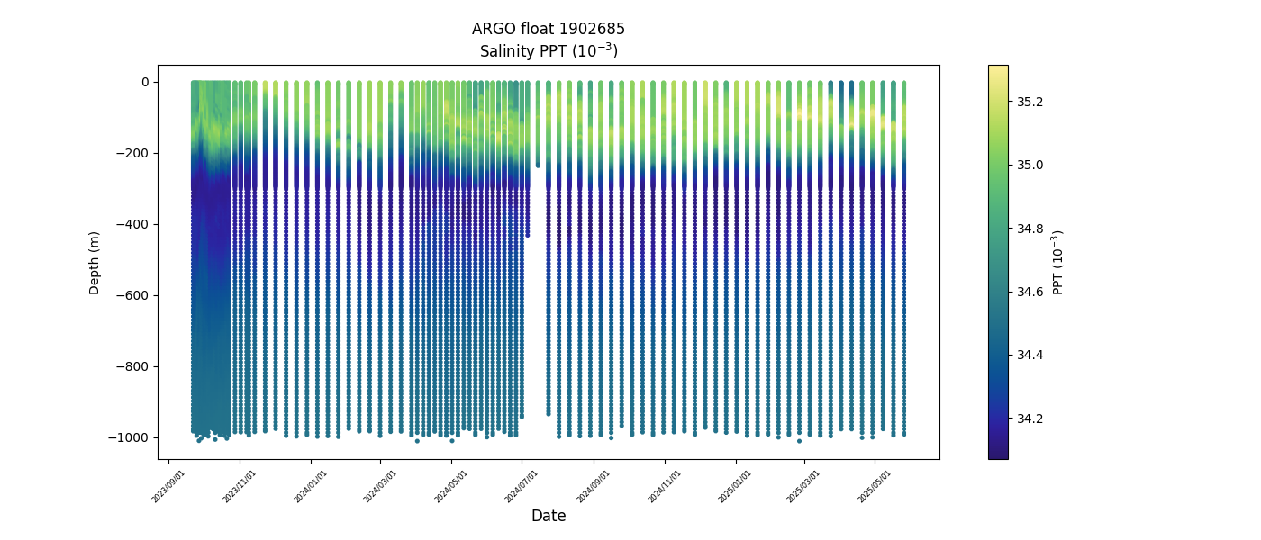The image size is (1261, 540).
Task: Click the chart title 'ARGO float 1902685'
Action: point(548,29)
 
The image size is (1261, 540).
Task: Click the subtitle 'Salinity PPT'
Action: point(548,51)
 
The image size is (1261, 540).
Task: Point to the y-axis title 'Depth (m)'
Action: point(95,262)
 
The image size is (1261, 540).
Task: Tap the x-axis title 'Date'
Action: point(548,516)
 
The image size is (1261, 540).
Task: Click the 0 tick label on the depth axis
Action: point(144,82)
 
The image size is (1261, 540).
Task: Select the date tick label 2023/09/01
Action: point(169,485)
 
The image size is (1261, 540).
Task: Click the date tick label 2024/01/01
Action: point(311,485)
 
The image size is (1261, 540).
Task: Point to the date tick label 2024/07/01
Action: point(522,485)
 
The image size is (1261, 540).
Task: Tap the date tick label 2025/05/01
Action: point(875,485)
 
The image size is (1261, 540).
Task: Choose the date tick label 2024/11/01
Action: point(665,485)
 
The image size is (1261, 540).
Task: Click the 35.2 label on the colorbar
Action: point(1030,102)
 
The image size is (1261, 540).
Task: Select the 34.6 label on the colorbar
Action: point(1030,292)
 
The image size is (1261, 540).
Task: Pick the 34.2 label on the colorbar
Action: point(1030,418)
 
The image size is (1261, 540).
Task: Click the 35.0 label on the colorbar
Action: point(1030,165)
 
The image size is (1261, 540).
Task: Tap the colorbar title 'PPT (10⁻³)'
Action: point(1058,262)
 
